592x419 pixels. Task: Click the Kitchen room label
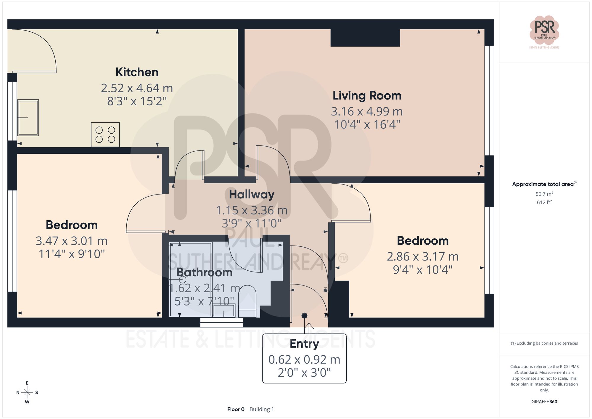[x=137, y=72]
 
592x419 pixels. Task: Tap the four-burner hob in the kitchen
[x=105, y=135]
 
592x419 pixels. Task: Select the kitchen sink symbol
[x=28, y=118]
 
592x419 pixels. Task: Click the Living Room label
[x=367, y=96]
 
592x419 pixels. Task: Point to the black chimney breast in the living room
[x=365, y=38]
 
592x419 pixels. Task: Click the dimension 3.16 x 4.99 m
[x=367, y=112]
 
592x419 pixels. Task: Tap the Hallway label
[x=252, y=195]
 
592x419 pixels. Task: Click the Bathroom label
[x=204, y=272]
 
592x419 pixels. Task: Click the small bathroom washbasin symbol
[x=224, y=310]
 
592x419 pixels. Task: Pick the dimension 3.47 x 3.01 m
[x=71, y=241]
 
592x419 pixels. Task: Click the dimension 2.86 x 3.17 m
[x=422, y=257]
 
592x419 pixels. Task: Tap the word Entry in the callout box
[x=304, y=344]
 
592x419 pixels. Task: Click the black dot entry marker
[x=304, y=316]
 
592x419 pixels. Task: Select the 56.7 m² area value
[x=544, y=194]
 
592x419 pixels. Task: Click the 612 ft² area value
[x=544, y=203]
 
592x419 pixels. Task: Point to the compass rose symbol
[x=27, y=393]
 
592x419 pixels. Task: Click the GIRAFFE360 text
[x=544, y=402]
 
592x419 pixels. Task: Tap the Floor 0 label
[x=236, y=409]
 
